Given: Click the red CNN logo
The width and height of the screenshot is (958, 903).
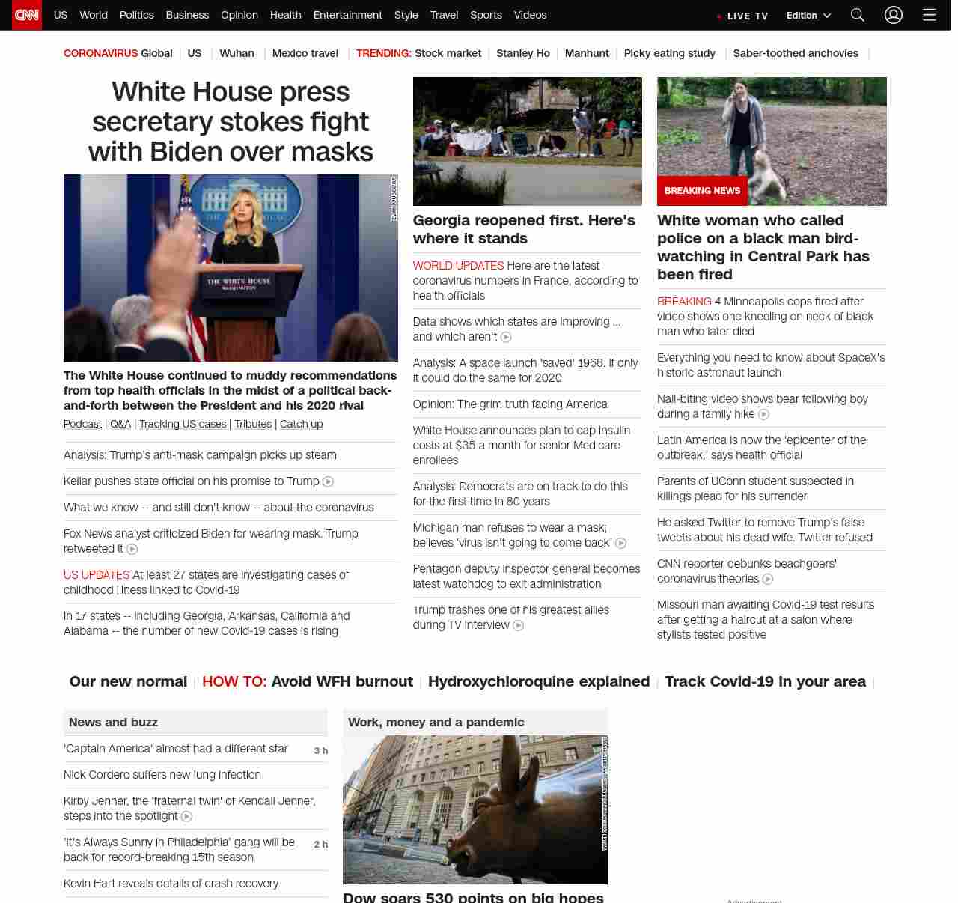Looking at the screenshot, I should pos(27,15).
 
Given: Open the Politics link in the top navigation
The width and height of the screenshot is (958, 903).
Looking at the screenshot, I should pos(136,15).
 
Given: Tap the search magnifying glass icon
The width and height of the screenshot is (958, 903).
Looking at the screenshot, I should pos(858,15).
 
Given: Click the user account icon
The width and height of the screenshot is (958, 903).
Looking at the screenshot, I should pos(894,15).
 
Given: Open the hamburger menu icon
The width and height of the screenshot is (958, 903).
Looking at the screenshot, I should pos(930,15).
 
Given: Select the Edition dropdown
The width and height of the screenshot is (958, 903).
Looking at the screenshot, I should pos(808,16).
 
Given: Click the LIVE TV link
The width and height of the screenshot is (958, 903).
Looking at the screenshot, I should pos(743,16).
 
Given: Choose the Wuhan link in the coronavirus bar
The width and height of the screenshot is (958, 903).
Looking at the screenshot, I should pos(237,53).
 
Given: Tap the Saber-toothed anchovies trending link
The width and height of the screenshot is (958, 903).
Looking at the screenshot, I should pos(796,53).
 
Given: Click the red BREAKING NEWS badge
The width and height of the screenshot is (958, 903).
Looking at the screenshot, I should pos(702,191).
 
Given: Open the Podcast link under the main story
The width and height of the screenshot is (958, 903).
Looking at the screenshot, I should pos(82,424).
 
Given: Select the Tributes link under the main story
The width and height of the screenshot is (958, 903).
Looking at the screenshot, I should pos(253,424).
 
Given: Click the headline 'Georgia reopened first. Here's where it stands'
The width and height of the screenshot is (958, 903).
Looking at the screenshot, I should pos(524,229).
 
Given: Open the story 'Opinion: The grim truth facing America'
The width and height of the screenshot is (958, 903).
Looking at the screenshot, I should pos(510,404).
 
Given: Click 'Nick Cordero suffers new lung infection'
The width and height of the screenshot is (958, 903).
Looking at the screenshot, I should pos(162,775).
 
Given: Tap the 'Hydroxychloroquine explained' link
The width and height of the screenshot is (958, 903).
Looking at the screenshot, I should pos(539,681).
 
